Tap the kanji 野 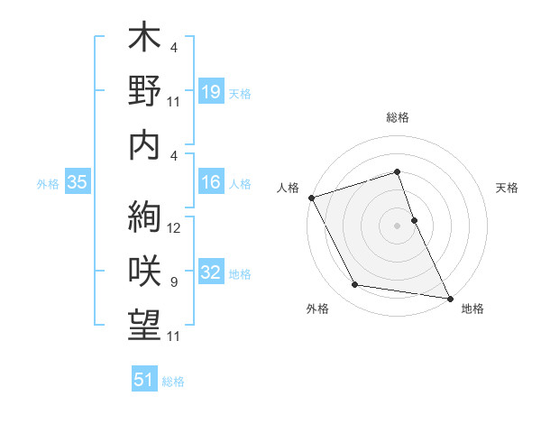pos(144,93)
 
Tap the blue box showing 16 pos(211,183)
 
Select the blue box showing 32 pos(211,273)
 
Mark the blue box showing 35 pos(78,183)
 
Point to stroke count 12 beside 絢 pos(175,228)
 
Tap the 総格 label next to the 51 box pos(173,382)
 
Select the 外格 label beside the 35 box pos(48,184)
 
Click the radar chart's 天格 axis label pos(507,188)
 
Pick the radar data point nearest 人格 pos(311,198)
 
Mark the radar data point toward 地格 pos(449,298)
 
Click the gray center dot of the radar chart pos(398,225)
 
